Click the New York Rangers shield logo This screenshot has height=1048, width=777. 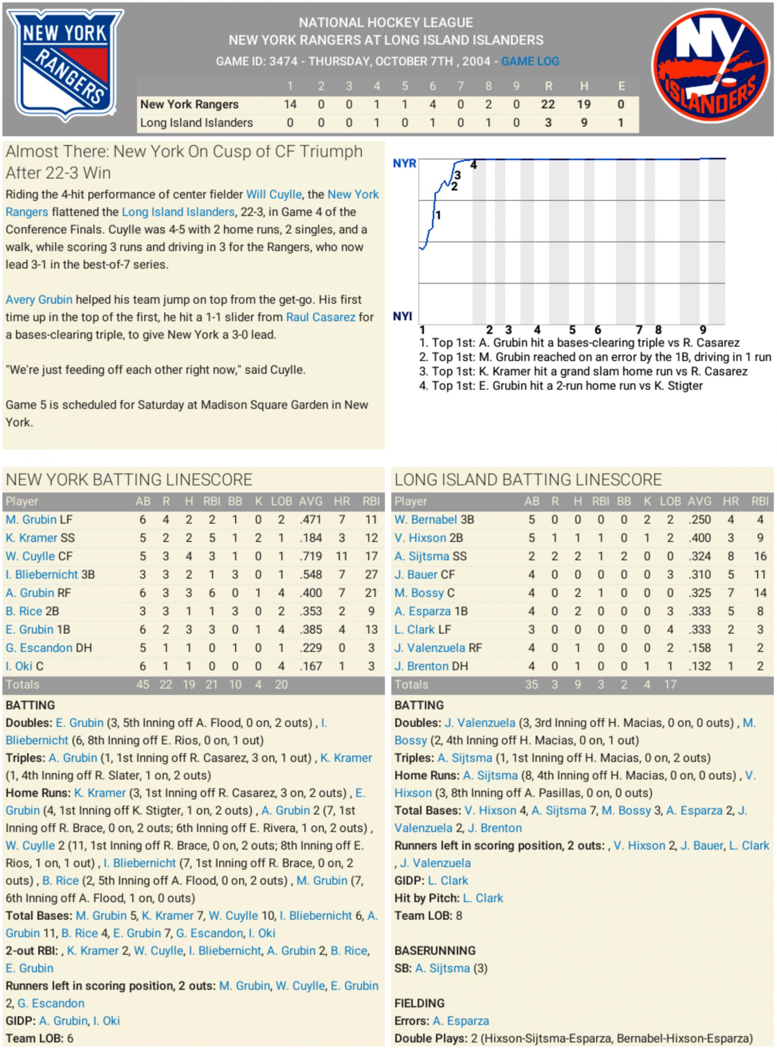pyautogui.click(x=65, y=65)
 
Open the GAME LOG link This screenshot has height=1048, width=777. pyautogui.click(x=530, y=61)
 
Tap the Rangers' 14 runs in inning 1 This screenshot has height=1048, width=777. pyautogui.click(x=290, y=104)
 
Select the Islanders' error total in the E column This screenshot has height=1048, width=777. pyautogui.click(x=621, y=123)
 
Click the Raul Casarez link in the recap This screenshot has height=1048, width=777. pyautogui.click(x=321, y=317)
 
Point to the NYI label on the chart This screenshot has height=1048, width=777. pyautogui.click(x=403, y=316)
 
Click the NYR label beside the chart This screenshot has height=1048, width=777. pyautogui.click(x=405, y=163)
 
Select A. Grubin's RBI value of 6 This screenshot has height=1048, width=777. pyautogui.click(x=212, y=593)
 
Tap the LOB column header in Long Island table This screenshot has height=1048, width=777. pyautogui.click(x=670, y=502)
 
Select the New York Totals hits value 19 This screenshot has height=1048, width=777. pyautogui.click(x=189, y=685)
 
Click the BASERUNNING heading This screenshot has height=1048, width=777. pyautogui.click(x=435, y=951)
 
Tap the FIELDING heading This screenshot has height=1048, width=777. pyautogui.click(x=419, y=1003)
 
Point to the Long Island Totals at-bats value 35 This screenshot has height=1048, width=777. pyautogui.click(x=531, y=685)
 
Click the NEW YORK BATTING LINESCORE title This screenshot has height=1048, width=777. pyautogui.click(x=129, y=480)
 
